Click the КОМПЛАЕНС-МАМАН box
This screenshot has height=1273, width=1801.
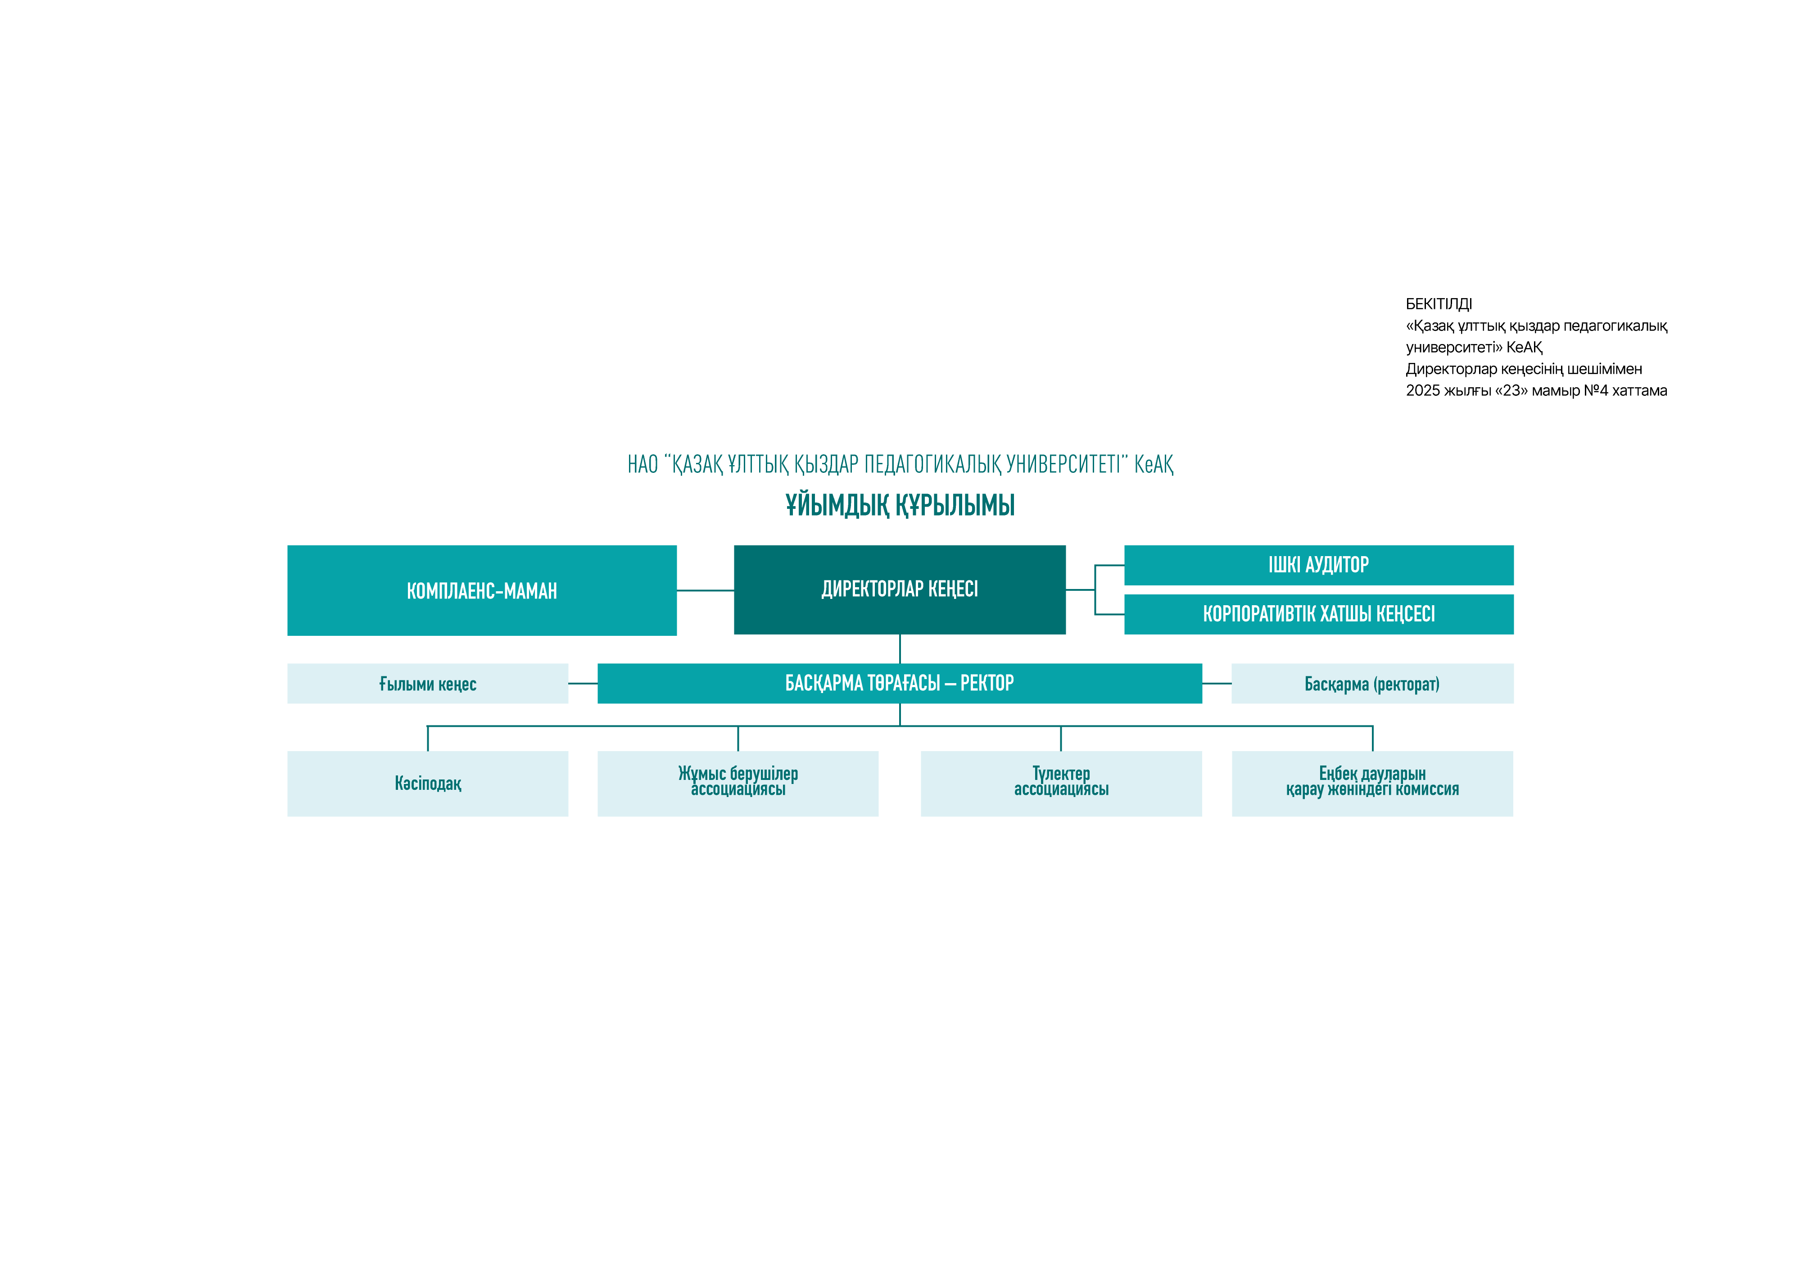(x=482, y=591)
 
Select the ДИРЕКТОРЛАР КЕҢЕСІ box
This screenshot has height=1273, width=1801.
(x=900, y=590)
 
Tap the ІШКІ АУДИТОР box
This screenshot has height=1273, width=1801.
(x=1319, y=565)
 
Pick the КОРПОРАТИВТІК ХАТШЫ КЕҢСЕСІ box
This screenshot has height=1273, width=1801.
(x=1319, y=614)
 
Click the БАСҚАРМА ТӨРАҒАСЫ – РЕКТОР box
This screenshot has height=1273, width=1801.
(x=900, y=683)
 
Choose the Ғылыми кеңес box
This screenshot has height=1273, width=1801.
(x=427, y=683)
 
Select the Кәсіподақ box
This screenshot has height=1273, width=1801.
(x=427, y=784)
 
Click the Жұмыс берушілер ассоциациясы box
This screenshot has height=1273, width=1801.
(x=738, y=784)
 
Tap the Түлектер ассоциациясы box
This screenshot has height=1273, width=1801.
(x=1061, y=784)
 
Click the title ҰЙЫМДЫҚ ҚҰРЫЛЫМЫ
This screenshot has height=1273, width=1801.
(x=900, y=505)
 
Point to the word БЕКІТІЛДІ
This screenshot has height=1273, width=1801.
(x=1439, y=304)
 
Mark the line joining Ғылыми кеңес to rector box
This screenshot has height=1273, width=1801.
(x=583, y=683)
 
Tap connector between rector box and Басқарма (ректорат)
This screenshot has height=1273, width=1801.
(x=1217, y=683)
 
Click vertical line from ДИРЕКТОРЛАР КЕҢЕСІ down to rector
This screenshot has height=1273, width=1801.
(x=900, y=648)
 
